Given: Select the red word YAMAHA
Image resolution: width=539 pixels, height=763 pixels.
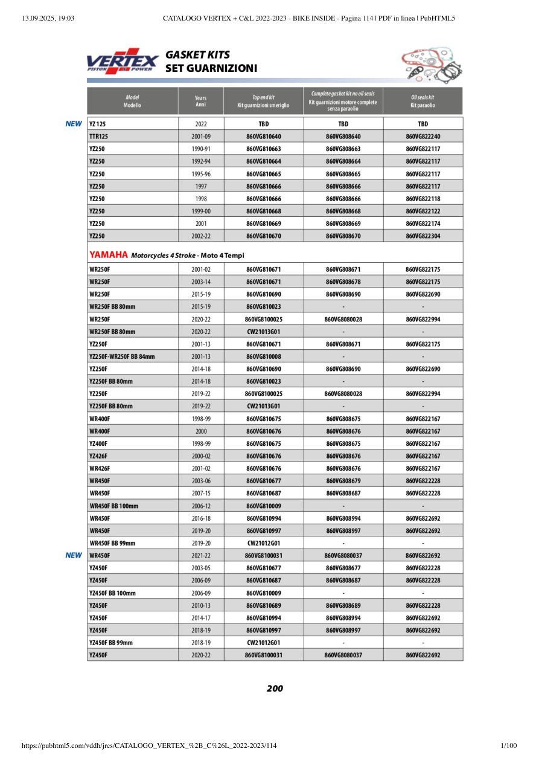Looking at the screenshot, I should point(109,255).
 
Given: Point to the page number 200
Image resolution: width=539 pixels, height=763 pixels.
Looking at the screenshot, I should point(275,688).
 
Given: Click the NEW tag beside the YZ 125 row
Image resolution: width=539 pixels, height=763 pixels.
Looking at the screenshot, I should point(74,124).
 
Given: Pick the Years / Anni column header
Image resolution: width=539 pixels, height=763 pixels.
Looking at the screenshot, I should point(200,101).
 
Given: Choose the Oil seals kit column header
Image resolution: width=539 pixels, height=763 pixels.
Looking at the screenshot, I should point(423,101).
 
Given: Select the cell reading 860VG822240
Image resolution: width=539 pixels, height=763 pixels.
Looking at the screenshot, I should point(423,137).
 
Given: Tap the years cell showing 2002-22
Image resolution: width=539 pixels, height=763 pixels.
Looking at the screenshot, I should point(200,236).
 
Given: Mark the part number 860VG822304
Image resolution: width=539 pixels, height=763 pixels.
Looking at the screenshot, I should point(423,236).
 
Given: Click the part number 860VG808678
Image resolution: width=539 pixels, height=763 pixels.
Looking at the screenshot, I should point(343,282).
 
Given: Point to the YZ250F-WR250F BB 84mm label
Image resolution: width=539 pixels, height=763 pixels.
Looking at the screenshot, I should point(122,356).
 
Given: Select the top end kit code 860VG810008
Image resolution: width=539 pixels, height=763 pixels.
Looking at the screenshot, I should point(263,356).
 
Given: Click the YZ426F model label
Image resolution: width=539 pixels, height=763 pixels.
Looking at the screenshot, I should point(99,456).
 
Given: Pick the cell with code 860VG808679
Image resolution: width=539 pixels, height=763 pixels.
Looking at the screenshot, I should point(343,481).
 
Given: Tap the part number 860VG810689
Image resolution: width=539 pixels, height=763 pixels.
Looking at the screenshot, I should point(263,605).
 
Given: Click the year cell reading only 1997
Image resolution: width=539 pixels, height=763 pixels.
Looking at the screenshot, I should point(200,186).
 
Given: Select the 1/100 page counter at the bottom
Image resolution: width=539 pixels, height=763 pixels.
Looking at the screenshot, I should point(509,746).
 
